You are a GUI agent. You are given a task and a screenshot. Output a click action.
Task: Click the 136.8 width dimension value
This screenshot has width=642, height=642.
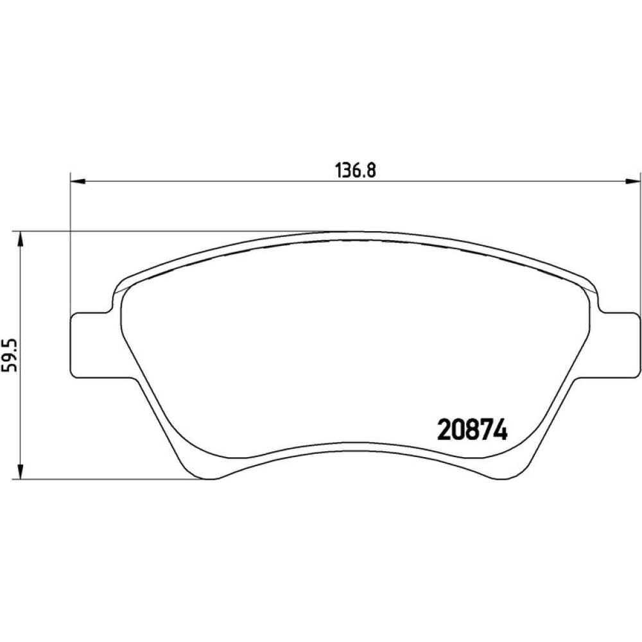356,170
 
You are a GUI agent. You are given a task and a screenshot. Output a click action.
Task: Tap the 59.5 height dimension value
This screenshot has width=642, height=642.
9,354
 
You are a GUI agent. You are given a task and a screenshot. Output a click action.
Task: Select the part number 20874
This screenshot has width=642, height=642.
473,429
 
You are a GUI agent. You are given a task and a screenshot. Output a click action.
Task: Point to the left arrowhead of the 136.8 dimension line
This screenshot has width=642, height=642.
78,182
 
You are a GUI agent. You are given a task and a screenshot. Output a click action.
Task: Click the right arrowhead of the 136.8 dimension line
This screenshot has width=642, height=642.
632,182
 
